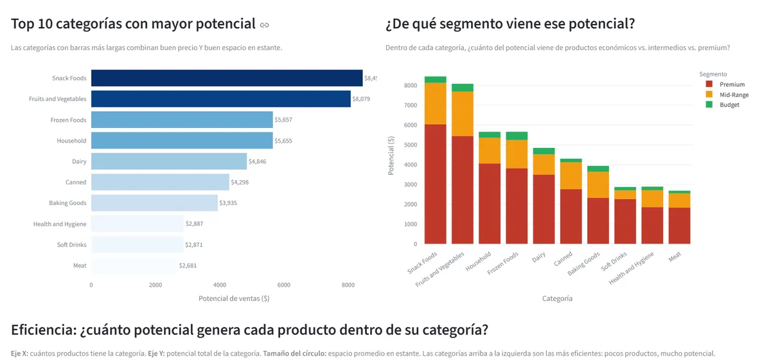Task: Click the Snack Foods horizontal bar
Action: point(227,78)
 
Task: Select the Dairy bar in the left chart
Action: point(169,161)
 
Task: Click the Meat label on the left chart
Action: point(80,265)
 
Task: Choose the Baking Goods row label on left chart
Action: point(67,203)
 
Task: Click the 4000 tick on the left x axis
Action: point(220,285)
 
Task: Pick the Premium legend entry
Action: point(732,84)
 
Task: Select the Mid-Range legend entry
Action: point(734,94)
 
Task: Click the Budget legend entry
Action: point(729,105)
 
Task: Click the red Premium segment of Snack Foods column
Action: point(435,184)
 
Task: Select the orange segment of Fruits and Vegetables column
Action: point(463,114)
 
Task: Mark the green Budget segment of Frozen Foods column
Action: point(517,136)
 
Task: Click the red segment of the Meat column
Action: point(679,226)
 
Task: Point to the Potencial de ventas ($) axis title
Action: point(234,298)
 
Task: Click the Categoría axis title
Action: point(557,298)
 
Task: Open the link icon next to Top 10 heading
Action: point(264,25)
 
